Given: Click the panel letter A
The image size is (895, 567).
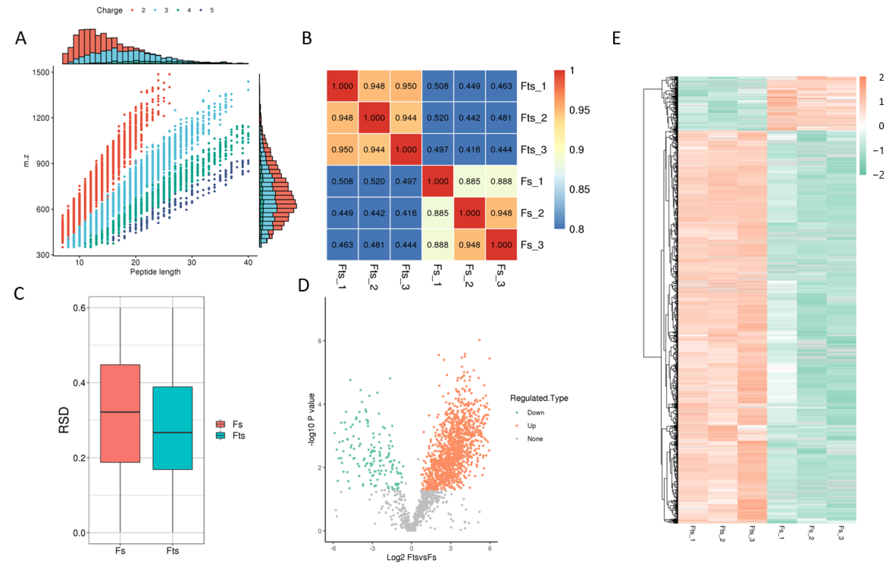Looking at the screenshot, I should [x=21, y=38].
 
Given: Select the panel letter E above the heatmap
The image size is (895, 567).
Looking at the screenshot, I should [x=616, y=38].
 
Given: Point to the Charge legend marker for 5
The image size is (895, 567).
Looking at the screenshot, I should [x=201, y=10].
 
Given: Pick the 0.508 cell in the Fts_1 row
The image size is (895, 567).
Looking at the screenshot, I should [x=437, y=86].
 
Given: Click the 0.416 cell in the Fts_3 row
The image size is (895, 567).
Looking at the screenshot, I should [x=469, y=150].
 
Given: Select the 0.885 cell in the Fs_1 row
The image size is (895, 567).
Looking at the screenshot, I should [x=469, y=181].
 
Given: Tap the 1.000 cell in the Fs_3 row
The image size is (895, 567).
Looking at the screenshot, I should [x=501, y=245].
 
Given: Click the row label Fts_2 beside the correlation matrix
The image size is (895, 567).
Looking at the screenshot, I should [x=533, y=118].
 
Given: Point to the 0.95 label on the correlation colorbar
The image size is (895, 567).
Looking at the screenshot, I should [x=579, y=110].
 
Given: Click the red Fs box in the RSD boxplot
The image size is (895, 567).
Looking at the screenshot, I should [x=120, y=413].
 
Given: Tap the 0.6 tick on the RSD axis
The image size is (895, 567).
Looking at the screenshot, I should [x=79, y=308].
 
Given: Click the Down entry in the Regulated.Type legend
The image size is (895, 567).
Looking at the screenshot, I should [x=535, y=413].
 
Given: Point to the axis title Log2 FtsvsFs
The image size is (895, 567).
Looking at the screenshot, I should [x=411, y=557].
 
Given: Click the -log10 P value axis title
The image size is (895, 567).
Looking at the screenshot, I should [x=312, y=419].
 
